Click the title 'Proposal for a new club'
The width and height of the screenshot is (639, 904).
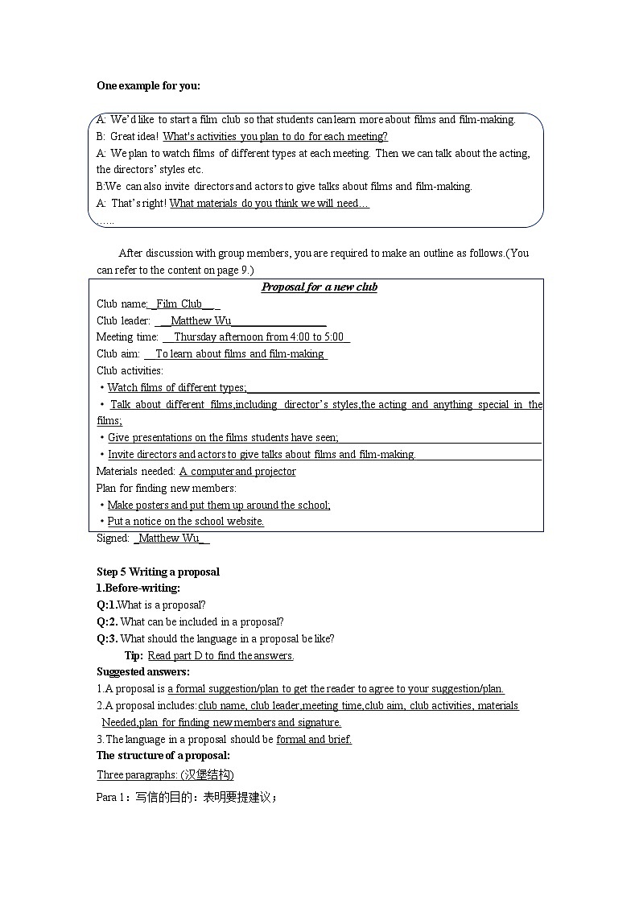(x=319, y=287)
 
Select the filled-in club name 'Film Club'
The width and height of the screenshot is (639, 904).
(x=179, y=303)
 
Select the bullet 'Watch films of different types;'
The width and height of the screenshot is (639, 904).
(x=176, y=388)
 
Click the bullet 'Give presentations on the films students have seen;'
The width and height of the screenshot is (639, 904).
(x=223, y=438)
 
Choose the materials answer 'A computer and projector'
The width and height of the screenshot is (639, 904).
(x=237, y=472)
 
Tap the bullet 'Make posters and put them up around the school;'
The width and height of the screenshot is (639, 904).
(x=219, y=506)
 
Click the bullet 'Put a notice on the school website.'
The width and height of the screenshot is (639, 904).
(x=185, y=522)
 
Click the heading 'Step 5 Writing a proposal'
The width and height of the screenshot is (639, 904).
(x=158, y=572)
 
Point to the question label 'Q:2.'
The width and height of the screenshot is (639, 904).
(x=107, y=622)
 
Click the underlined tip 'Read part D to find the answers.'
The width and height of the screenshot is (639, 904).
(x=221, y=656)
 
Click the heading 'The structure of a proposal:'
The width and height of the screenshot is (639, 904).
(x=163, y=756)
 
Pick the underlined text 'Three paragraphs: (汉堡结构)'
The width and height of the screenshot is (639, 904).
(x=165, y=775)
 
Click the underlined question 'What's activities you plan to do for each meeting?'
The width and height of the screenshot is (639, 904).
(x=275, y=137)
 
